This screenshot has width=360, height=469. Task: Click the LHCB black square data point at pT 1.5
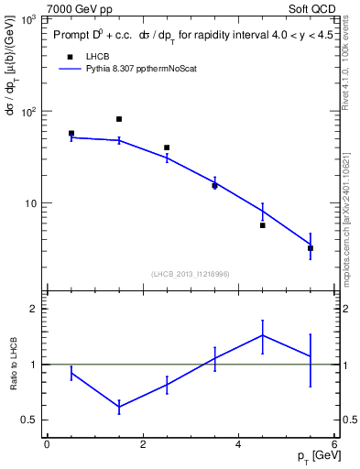pyautogui.click(x=119, y=119)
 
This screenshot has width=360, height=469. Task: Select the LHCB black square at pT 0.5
pyautogui.click(x=71, y=134)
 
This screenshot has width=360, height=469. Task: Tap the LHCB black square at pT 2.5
pyautogui.click(x=167, y=147)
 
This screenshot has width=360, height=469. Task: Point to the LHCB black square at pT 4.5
pyautogui.click(x=263, y=224)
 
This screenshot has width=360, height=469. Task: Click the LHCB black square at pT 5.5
pyautogui.click(x=311, y=248)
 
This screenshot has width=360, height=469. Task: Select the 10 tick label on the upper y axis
pyautogui.click(x=33, y=203)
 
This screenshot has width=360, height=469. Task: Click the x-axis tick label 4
pyautogui.click(x=238, y=445)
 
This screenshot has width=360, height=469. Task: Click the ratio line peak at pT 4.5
pyautogui.click(x=263, y=335)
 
